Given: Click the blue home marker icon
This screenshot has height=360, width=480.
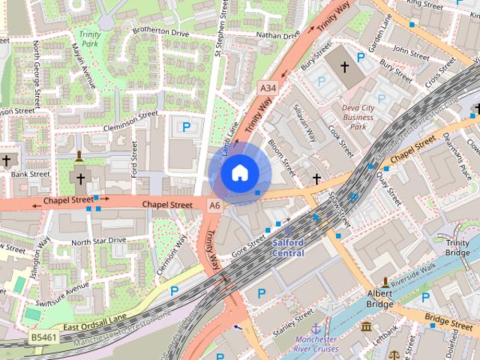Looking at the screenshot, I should pyautogui.click(x=239, y=174).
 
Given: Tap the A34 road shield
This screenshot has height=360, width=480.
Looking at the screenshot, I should pyautogui.click(x=268, y=88).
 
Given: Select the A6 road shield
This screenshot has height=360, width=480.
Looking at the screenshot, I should pyautogui.click(x=215, y=205).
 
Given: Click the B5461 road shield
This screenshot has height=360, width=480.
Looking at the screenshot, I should pyautogui.click(x=43, y=339).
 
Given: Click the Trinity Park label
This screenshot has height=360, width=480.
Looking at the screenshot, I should pyautogui.click(x=90, y=39).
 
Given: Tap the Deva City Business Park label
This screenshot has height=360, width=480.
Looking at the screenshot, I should pyautogui.click(x=358, y=117).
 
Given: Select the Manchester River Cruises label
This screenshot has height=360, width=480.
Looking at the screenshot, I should pyautogui.click(x=316, y=343).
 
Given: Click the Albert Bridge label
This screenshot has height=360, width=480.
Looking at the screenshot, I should pyautogui.click(x=380, y=298).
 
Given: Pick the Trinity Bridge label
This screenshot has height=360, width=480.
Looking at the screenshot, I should pyautogui.click(x=457, y=248).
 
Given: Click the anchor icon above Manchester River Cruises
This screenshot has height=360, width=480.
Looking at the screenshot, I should pyautogui.click(x=316, y=328).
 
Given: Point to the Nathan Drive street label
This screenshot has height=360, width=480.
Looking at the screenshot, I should pyautogui.click(x=277, y=34).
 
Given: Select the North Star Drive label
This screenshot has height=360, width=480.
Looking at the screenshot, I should pyautogui.click(x=99, y=241).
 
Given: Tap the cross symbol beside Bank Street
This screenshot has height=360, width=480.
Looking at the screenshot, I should pyautogui.click(x=6, y=160).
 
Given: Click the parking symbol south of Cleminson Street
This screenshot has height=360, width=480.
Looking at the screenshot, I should pyautogui.click(x=185, y=125).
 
